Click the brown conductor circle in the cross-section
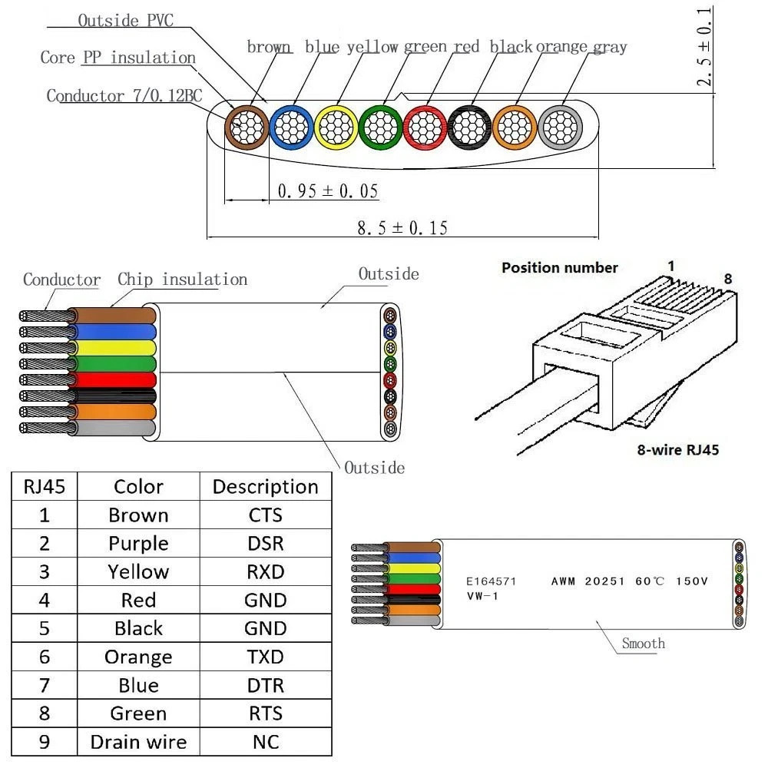click(x=245, y=125)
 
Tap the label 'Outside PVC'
click(x=125, y=21)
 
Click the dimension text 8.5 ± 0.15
click(x=402, y=227)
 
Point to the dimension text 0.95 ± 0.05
click(x=327, y=190)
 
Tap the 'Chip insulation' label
click(x=182, y=279)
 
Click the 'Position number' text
click(x=559, y=268)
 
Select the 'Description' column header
click(x=265, y=487)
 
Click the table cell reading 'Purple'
click(x=138, y=544)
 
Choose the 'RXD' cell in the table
click(x=265, y=572)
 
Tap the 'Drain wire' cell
click(x=138, y=742)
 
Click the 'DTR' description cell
click(x=265, y=685)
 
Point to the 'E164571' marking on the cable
click(x=491, y=581)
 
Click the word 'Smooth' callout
click(x=643, y=644)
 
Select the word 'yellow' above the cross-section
click(x=372, y=47)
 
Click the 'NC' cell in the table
click(x=265, y=742)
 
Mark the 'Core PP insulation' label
click(x=118, y=58)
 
